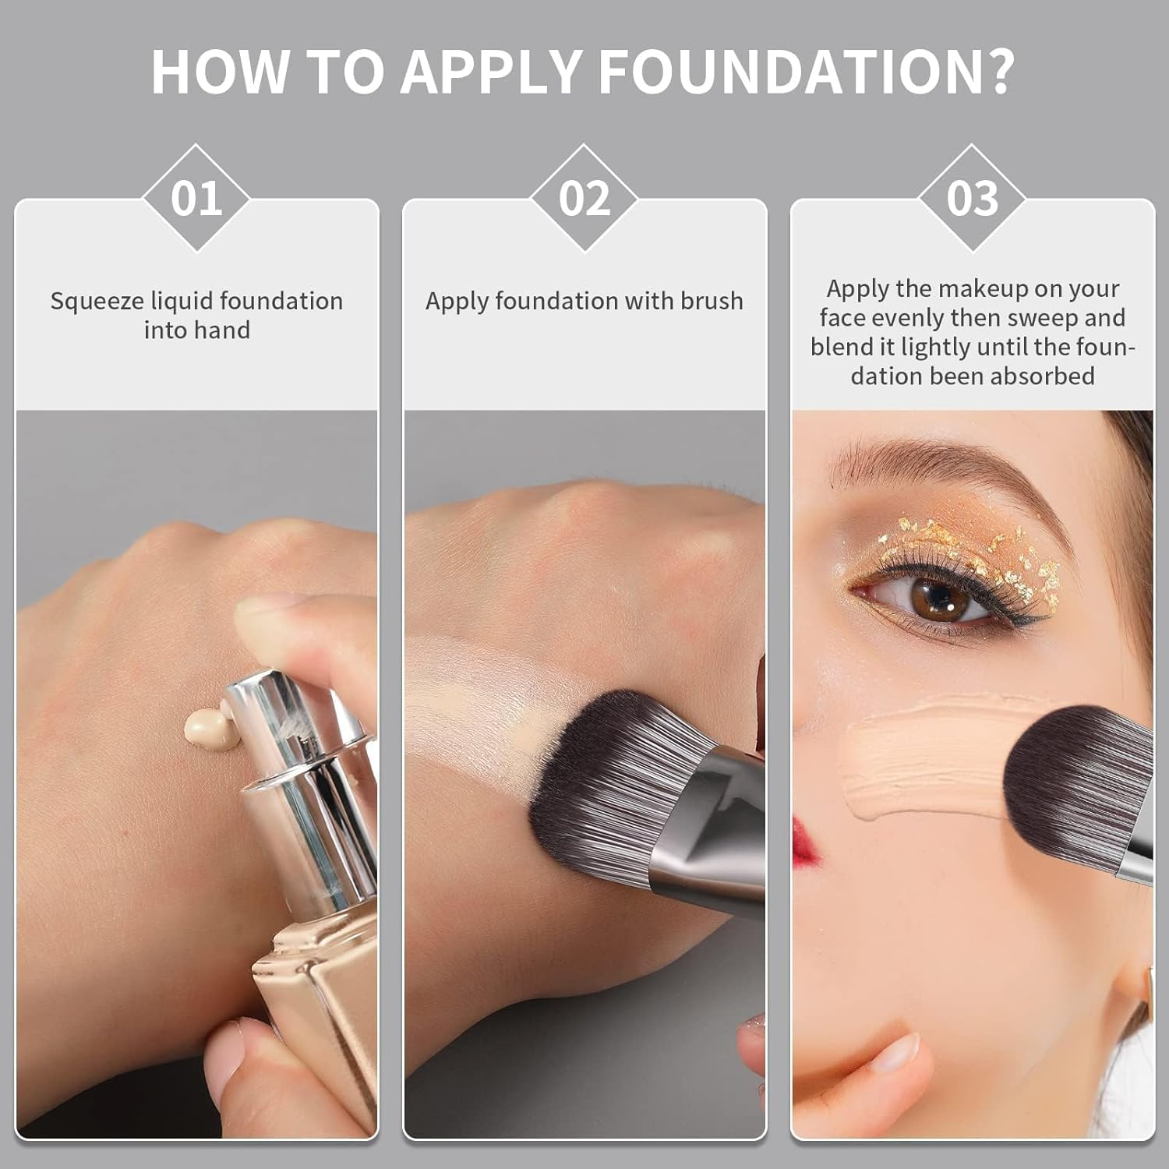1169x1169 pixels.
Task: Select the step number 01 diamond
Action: (x=196, y=198)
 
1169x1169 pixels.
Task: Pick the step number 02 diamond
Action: (x=584, y=198)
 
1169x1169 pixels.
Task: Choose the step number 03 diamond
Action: (x=972, y=198)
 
